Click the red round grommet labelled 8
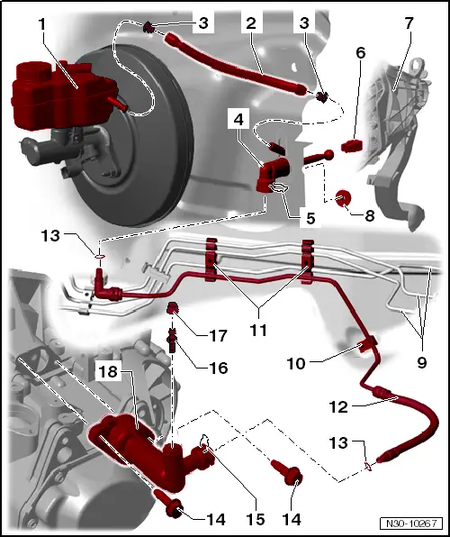(x=344, y=197)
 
